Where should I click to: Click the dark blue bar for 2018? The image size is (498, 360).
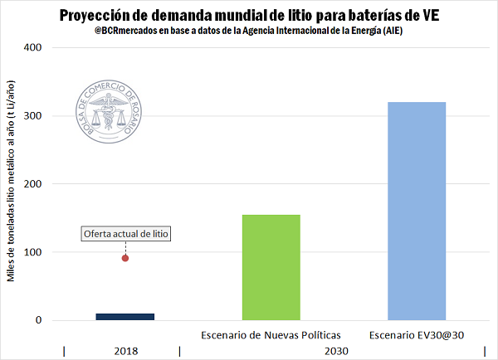click(124, 316)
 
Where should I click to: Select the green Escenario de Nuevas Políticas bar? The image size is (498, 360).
click(271, 267)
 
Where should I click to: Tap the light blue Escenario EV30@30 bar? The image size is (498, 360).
click(417, 211)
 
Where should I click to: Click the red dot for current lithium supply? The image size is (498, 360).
click(125, 258)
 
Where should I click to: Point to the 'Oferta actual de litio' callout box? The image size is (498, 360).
click(125, 234)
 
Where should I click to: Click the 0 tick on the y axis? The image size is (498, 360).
click(38, 320)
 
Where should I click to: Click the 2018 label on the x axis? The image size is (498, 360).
click(124, 351)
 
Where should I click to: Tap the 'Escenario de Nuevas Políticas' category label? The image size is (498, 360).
click(271, 334)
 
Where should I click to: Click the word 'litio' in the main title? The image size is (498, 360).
click(301, 14)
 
